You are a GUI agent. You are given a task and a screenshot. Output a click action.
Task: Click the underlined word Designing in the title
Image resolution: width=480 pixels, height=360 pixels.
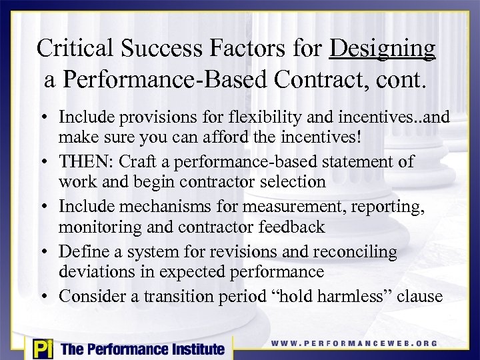click(x=383, y=48)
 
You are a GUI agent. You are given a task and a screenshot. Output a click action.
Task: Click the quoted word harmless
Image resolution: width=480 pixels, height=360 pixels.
click(x=340, y=296)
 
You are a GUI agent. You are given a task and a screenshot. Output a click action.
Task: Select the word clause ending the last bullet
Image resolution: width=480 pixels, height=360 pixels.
click(x=419, y=296)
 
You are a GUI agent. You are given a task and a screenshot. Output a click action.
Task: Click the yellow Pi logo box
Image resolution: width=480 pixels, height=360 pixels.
click(x=40, y=348)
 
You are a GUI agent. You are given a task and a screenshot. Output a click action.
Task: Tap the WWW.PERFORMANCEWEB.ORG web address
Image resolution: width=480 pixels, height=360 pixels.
click(x=354, y=343)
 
